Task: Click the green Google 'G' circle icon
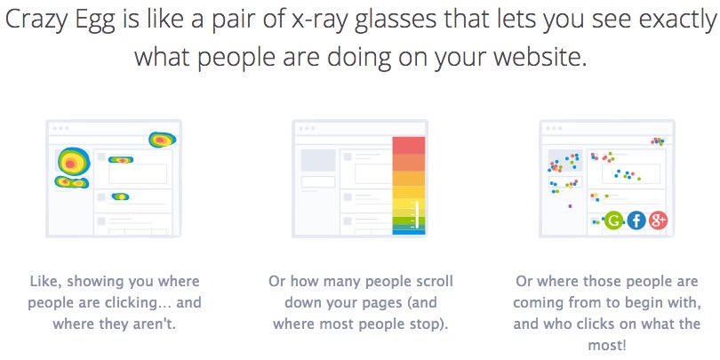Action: (612, 220)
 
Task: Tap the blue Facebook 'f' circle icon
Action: (636, 220)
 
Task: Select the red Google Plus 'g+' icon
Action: (659, 220)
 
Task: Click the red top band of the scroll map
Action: (409, 145)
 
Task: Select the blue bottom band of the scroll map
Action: (409, 232)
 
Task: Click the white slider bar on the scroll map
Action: (417, 215)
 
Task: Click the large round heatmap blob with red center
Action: (70, 162)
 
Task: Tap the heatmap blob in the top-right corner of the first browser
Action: (162, 140)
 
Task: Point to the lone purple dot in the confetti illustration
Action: (571, 206)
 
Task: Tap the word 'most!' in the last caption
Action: (607, 345)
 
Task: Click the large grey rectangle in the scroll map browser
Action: (318, 160)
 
